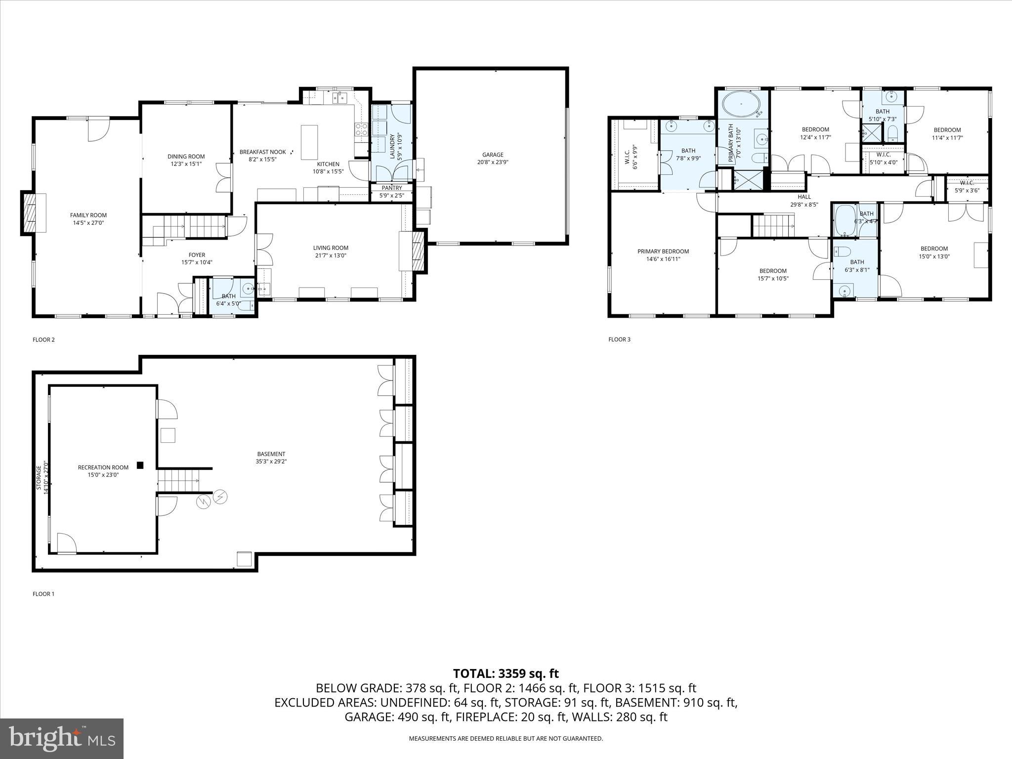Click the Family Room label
tap(88, 215)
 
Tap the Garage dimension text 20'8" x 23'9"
tap(493, 162)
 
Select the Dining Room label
tap(186, 157)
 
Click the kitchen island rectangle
tap(309, 139)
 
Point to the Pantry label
tap(392, 188)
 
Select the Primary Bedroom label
tap(663, 252)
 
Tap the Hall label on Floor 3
tap(804, 197)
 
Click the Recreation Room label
tap(103, 467)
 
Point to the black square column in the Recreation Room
tap(140, 465)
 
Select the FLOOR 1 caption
tap(43, 594)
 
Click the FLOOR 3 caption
tap(619, 339)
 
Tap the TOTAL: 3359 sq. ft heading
tap(506, 674)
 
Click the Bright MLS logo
tap(62, 738)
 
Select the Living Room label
tap(331, 248)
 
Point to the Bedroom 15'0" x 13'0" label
tap(934, 249)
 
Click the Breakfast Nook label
tap(262, 152)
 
